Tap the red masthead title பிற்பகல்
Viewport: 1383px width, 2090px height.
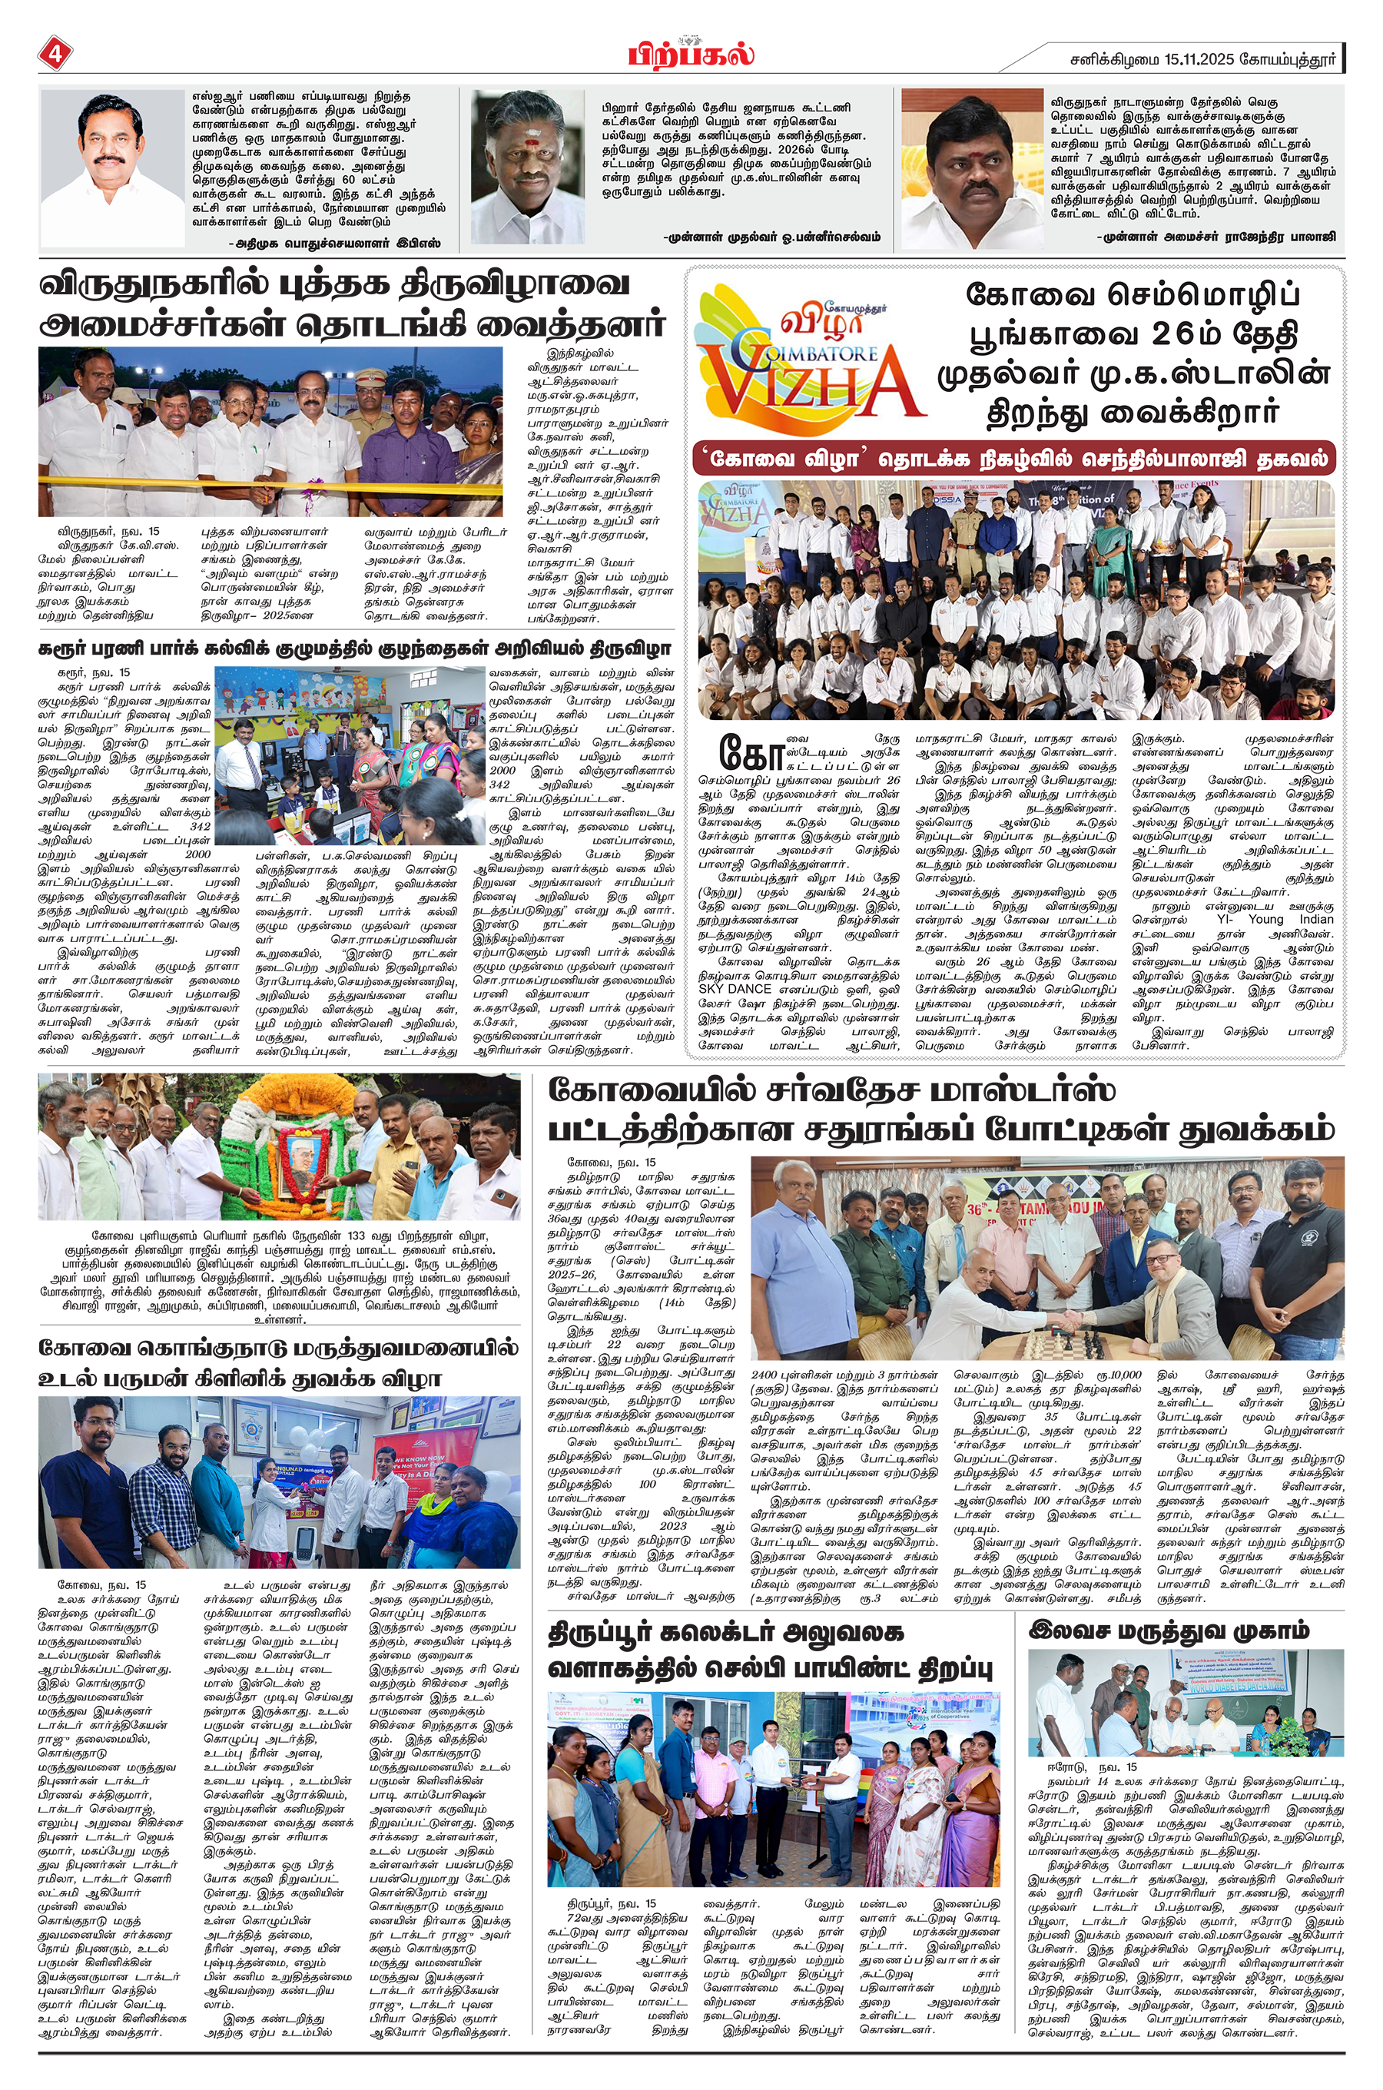(691, 54)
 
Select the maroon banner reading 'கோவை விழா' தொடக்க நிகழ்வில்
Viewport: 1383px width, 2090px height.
(1014, 459)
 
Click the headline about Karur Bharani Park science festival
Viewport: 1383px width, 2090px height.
(354, 649)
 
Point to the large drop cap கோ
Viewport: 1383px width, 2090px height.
(751, 751)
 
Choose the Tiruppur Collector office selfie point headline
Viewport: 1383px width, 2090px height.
(770, 1650)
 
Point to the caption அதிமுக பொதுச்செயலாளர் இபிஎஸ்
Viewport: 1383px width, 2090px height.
(334, 243)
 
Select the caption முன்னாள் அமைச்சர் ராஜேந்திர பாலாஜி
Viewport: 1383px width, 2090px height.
(1216, 237)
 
